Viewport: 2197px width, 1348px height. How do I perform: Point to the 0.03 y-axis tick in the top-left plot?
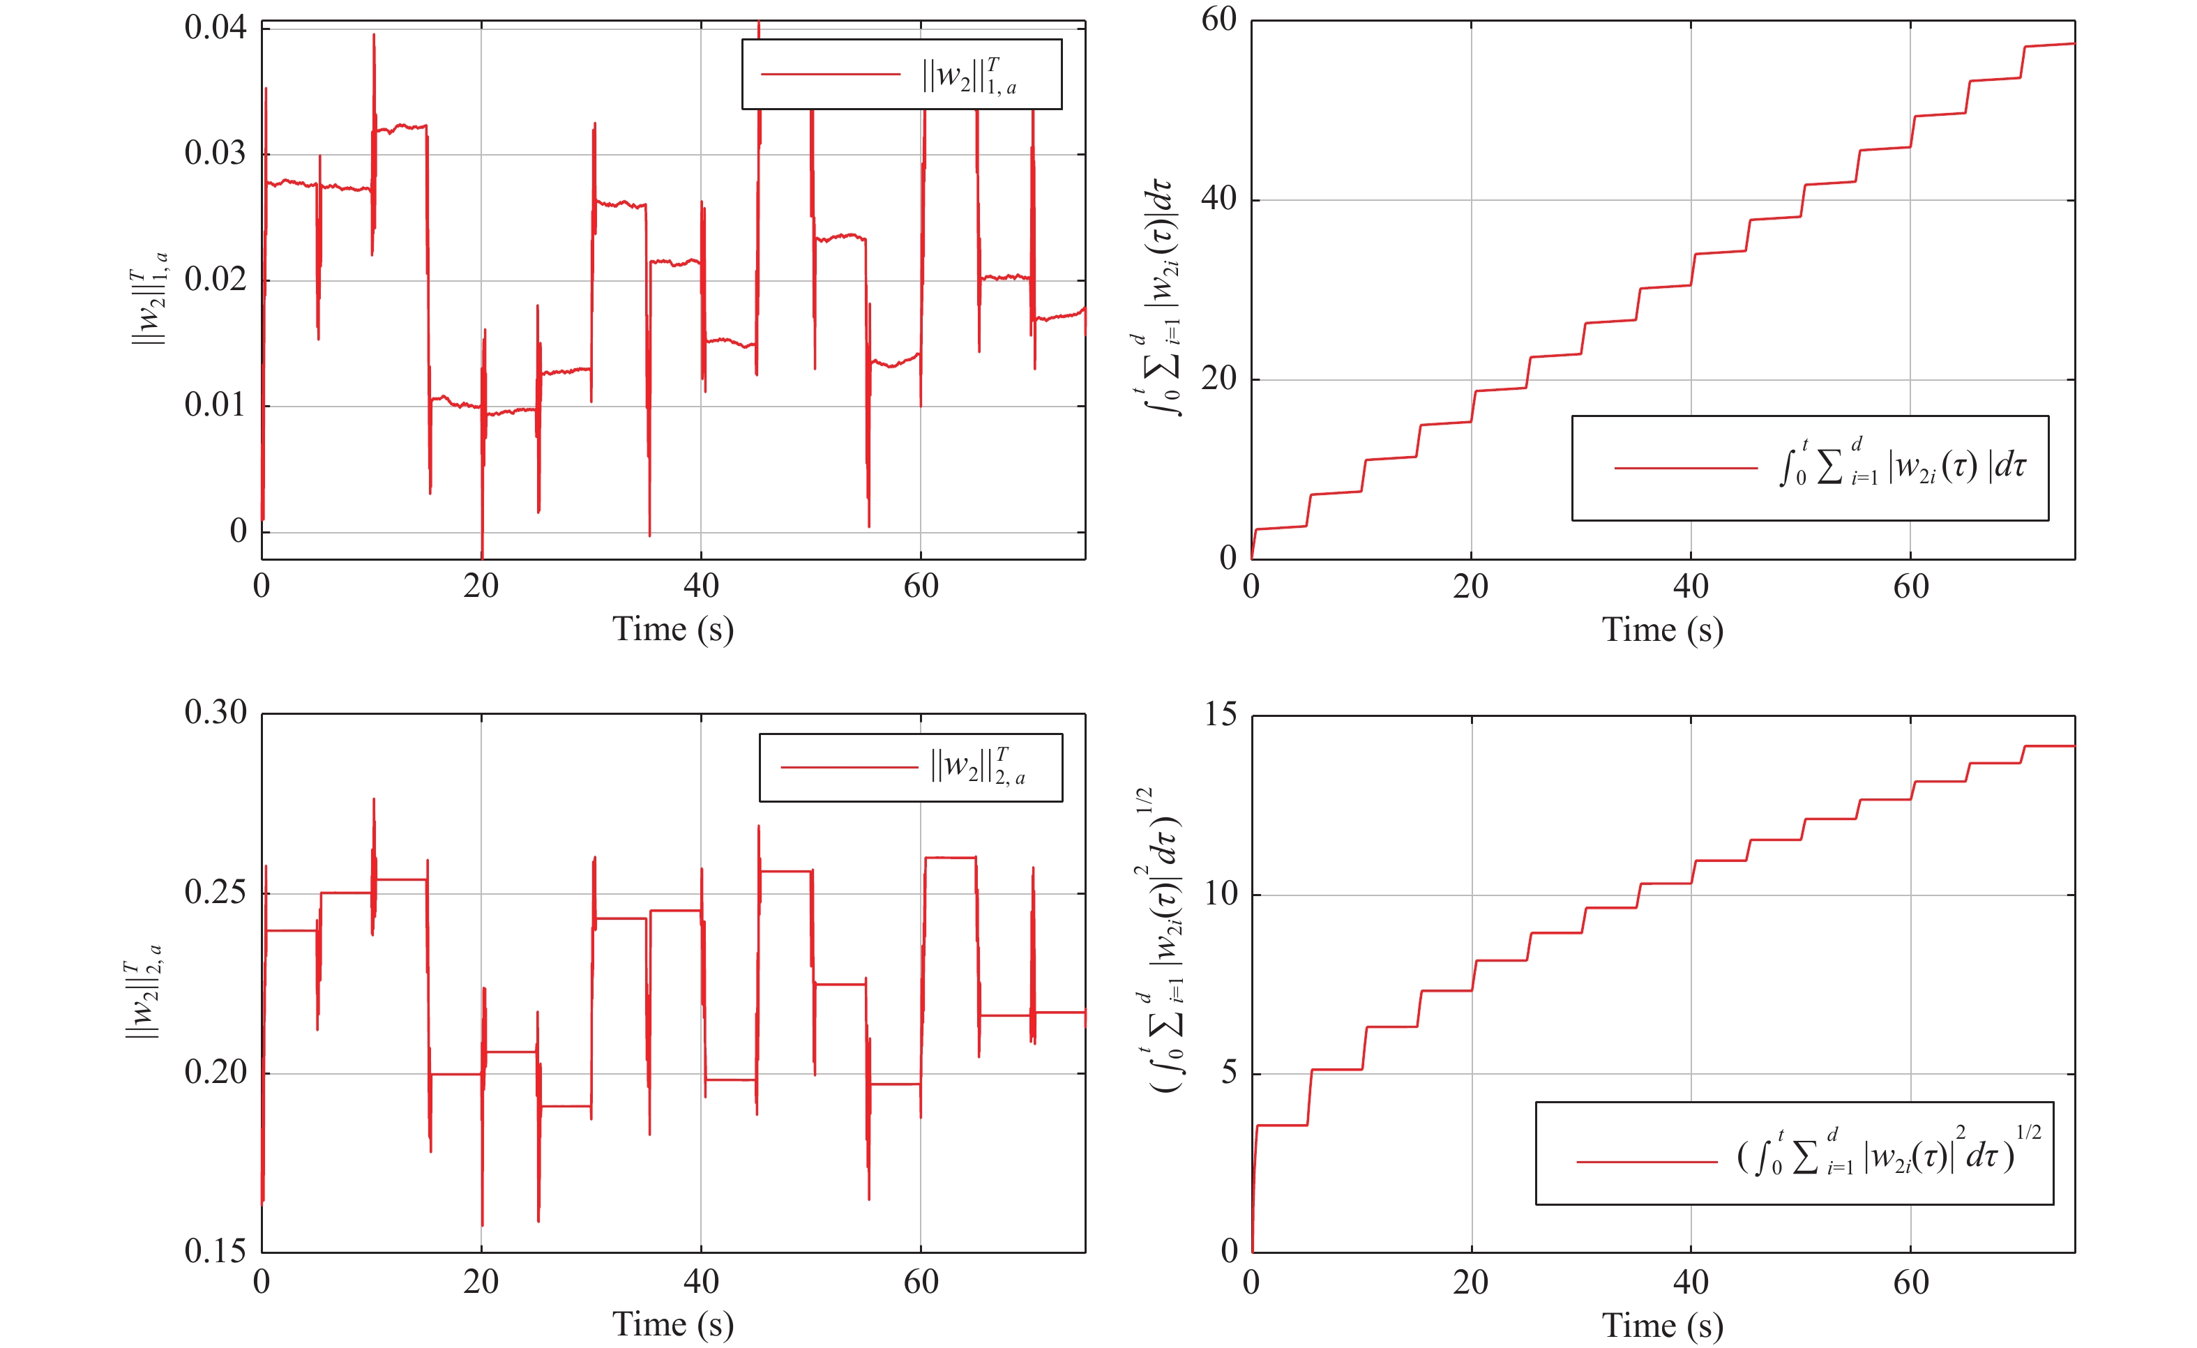[215, 153]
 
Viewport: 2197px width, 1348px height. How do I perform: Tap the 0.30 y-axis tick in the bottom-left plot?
[215, 712]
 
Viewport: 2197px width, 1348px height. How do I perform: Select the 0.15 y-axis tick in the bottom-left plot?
[215, 1252]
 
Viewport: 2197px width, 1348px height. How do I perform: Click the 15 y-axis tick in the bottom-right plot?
[1221, 714]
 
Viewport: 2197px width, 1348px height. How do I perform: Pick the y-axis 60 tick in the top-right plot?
[1219, 20]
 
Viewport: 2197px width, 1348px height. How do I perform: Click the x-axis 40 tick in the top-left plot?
[701, 586]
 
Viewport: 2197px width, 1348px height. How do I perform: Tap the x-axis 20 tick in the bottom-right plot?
[1470, 1282]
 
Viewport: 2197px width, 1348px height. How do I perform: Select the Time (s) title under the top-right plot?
[1662, 630]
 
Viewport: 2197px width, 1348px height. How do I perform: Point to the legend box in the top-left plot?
[901, 75]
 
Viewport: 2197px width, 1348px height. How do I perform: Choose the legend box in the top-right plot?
[1809, 468]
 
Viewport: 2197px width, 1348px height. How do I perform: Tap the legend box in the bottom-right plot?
[1794, 1153]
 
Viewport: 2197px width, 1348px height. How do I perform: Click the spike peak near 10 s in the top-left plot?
[374, 36]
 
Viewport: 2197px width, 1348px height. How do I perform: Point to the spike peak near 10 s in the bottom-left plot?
[374, 800]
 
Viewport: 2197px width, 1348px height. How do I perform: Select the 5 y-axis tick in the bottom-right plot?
[1229, 1073]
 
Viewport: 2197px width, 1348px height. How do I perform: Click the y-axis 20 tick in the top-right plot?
[1219, 379]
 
